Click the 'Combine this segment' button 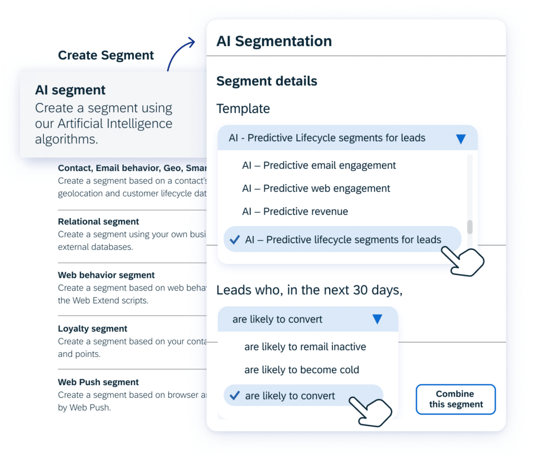[456, 399]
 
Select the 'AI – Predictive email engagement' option [319, 166]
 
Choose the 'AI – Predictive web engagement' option [316, 188]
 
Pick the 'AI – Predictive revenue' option [295, 212]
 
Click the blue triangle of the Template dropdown [461, 139]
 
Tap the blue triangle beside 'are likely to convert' [377, 319]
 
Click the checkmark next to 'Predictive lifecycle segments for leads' [235, 239]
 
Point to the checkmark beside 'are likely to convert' [235, 396]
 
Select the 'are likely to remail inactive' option [305, 347]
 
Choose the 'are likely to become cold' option [301, 370]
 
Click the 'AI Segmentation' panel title [274, 41]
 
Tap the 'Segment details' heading [267, 81]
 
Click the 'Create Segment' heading [106, 55]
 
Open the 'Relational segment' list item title [98, 222]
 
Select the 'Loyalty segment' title [92, 329]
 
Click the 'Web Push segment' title [98, 382]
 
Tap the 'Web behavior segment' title [106, 275]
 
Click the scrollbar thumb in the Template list [470, 227]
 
